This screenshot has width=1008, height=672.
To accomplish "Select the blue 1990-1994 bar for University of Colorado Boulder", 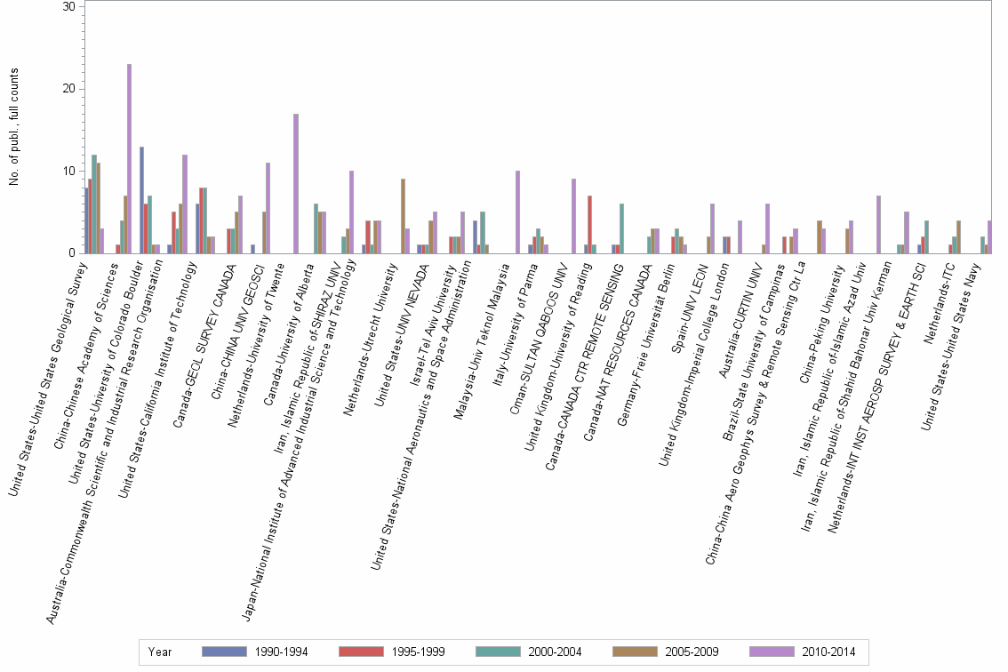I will (141, 200).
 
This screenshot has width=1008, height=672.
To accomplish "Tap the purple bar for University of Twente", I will (295, 183).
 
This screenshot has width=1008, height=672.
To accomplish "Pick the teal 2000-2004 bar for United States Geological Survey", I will (93, 204).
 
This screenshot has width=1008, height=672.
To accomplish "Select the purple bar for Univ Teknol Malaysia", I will (517, 212).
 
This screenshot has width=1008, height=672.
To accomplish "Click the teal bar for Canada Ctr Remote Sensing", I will (621, 228).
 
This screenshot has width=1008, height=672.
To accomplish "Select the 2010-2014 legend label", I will (828, 652).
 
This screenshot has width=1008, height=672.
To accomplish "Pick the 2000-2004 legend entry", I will (554, 652).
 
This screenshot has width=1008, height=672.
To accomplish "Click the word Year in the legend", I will (161, 652).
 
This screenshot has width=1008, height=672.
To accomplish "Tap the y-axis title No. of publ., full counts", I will (14, 128).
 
